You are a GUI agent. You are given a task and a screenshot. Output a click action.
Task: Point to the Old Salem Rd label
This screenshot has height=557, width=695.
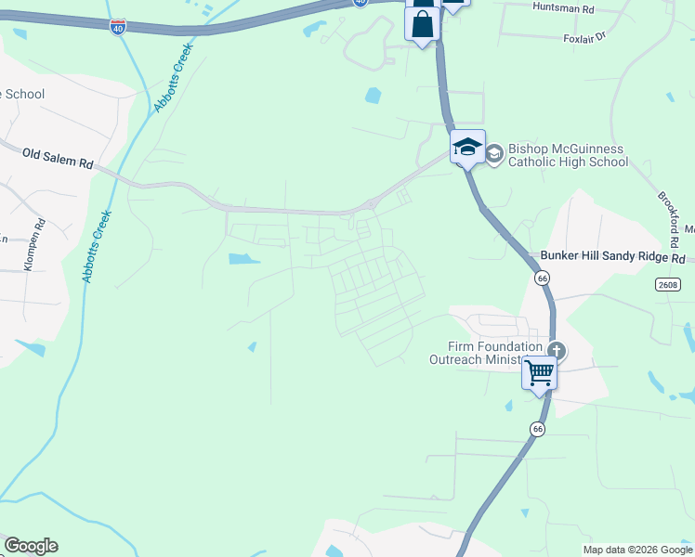58,158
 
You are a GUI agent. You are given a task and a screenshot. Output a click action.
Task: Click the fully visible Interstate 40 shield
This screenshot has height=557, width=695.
117,28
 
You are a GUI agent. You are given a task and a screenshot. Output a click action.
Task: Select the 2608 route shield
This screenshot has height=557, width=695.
666,284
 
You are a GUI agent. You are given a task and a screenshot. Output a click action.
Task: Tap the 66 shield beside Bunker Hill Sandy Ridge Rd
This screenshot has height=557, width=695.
543,278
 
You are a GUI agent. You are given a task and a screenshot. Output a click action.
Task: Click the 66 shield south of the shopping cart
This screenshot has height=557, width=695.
537,429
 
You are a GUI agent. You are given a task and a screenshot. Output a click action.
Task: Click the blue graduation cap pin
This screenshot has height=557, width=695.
467,147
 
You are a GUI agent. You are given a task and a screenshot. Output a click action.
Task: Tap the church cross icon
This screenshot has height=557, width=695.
557,351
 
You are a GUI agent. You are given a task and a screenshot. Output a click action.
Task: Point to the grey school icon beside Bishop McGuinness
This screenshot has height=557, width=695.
494,153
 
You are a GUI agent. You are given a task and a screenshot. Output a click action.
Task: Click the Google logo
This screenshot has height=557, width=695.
31,546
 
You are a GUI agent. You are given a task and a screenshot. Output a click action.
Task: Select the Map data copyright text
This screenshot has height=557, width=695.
637,550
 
